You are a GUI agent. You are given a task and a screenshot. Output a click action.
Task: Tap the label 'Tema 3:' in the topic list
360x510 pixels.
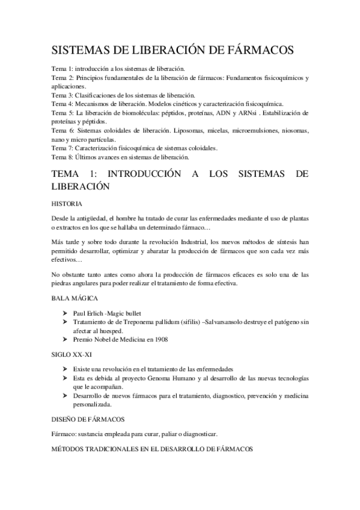tap(62, 95)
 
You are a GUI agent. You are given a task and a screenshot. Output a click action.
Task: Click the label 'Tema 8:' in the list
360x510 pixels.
tap(62, 156)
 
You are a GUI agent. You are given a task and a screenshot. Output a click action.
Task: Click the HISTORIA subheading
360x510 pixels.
tap(67, 203)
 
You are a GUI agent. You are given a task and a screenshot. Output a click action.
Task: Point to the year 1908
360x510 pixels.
tap(159, 339)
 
